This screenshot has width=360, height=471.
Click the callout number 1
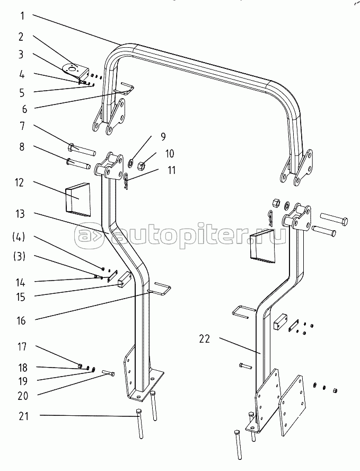click(x=22, y=16)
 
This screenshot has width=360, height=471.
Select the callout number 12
click(x=19, y=182)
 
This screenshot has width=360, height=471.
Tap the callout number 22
click(x=205, y=339)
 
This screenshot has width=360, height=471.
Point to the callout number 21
click(x=23, y=416)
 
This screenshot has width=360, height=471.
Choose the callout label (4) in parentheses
click(x=19, y=237)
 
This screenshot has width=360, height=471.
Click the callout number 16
click(x=21, y=320)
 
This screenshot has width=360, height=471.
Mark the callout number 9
click(x=163, y=137)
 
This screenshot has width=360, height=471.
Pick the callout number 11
click(x=171, y=170)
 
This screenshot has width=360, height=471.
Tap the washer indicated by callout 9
click(x=131, y=164)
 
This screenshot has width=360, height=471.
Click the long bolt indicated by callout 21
click(x=139, y=424)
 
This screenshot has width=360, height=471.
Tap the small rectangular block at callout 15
click(x=123, y=280)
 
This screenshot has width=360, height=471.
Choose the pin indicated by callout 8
click(x=78, y=163)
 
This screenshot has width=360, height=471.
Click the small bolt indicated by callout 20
click(x=109, y=373)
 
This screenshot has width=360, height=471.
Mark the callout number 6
click(x=24, y=109)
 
